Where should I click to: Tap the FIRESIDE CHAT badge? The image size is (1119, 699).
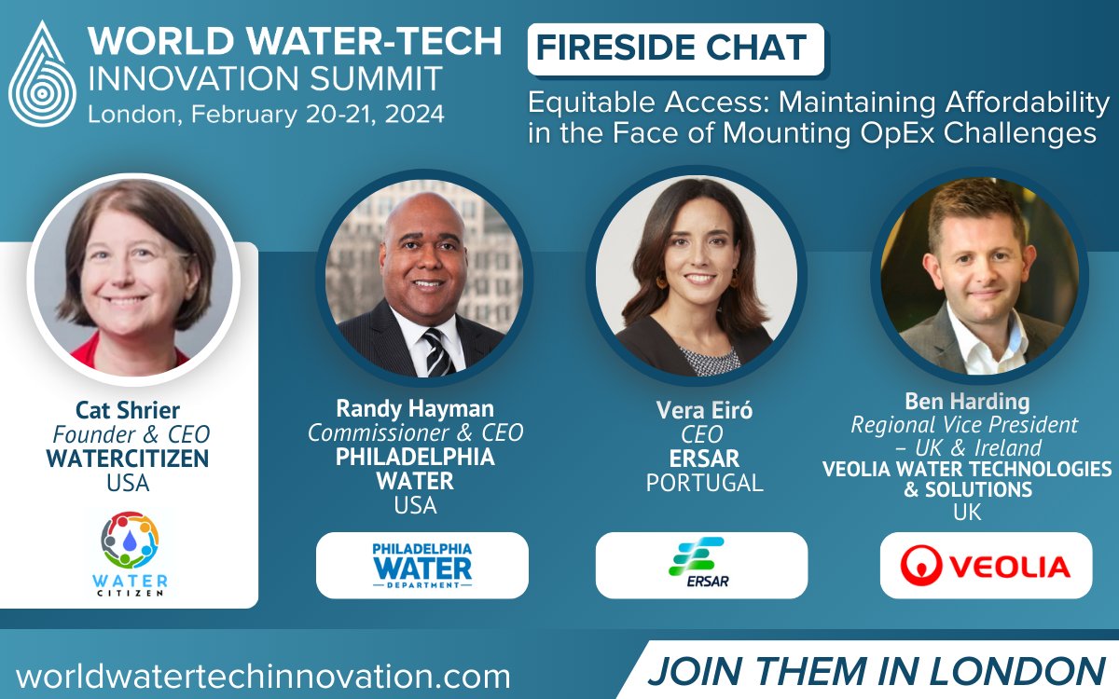[x=675, y=48]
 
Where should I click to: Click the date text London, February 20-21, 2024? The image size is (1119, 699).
[x=266, y=115]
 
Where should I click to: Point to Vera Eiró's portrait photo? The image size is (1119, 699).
[x=696, y=276]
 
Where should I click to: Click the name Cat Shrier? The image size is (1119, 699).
[x=131, y=410]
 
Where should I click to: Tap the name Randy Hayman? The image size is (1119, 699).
[x=415, y=408]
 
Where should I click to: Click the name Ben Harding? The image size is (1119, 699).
[x=967, y=402]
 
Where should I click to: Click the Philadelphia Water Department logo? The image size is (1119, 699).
[x=421, y=565]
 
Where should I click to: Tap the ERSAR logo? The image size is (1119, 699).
[x=701, y=565]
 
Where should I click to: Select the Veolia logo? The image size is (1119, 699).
[x=986, y=565]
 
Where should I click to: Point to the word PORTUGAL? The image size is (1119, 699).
[x=704, y=483]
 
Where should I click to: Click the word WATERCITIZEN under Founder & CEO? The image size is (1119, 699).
[x=131, y=459]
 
